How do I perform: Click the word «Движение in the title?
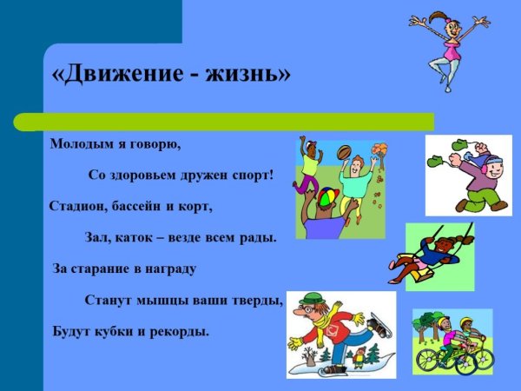[112, 74]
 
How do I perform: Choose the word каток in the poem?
[130, 237]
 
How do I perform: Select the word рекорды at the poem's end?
[181, 331]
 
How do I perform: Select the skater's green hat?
[310, 300]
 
